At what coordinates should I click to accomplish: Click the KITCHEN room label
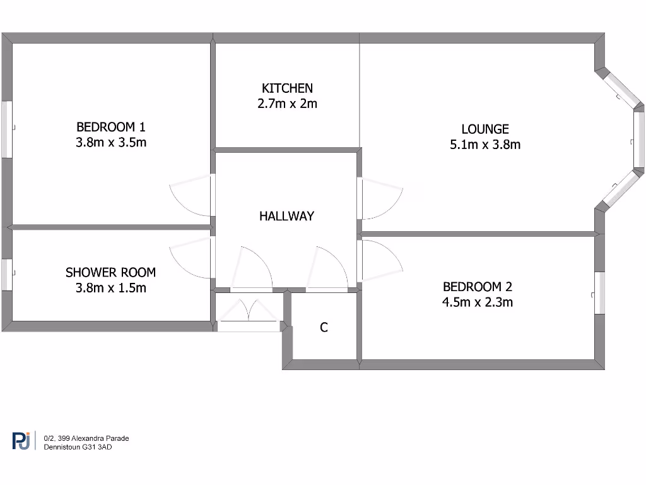(x=287, y=88)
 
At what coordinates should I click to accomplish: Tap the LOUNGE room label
(x=484, y=129)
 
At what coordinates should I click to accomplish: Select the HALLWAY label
(x=286, y=216)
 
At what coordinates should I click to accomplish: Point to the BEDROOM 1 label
(x=110, y=127)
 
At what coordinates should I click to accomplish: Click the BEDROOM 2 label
(x=477, y=287)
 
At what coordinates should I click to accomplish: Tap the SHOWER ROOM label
(x=110, y=273)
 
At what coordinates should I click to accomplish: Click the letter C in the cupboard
(x=324, y=328)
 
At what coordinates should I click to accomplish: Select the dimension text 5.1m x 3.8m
(x=484, y=145)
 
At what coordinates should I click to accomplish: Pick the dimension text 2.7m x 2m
(x=287, y=104)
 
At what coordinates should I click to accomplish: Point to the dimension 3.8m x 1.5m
(x=110, y=289)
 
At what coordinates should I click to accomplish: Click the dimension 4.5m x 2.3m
(x=477, y=302)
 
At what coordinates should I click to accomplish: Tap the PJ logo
(x=21, y=441)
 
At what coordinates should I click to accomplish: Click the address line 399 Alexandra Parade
(x=86, y=438)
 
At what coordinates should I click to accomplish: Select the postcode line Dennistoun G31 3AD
(x=78, y=447)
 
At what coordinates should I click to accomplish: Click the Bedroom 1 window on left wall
(x=6, y=129)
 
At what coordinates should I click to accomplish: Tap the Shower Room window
(x=6, y=275)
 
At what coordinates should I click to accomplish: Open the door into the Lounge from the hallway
(x=379, y=199)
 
